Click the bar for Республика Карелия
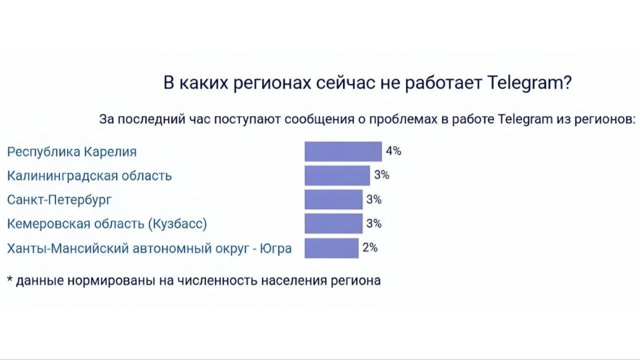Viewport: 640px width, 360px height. click(x=343, y=151)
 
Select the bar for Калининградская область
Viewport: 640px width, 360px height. click(x=337, y=175)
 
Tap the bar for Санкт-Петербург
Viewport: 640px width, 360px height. click(x=333, y=199)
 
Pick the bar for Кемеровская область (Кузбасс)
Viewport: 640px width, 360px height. click(x=333, y=223)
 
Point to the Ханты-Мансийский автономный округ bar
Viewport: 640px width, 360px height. click(x=331, y=248)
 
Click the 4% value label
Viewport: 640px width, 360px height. click(x=393, y=151)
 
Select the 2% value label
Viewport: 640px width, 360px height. click(x=370, y=247)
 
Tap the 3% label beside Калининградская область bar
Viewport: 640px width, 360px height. click(x=381, y=175)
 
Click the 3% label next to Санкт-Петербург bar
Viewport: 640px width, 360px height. click(x=374, y=199)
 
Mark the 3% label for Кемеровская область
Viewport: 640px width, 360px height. click(x=374, y=223)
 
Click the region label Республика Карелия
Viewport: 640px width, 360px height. click(x=71, y=151)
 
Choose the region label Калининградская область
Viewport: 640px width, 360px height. click(x=89, y=175)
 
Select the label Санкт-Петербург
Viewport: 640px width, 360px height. click(x=59, y=199)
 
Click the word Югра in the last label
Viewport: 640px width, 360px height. click(x=276, y=248)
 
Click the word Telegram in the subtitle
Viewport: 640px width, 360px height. click(x=525, y=119)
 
